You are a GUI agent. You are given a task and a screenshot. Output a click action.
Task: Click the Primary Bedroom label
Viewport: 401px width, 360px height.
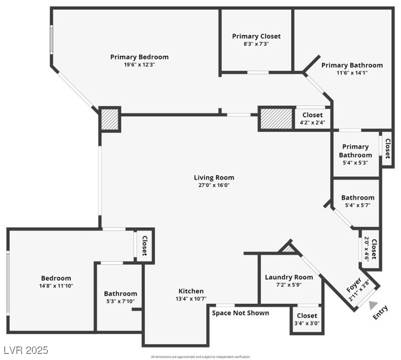click(139, 57)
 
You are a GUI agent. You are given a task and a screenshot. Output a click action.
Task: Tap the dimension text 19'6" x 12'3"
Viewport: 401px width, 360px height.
click(139, 65)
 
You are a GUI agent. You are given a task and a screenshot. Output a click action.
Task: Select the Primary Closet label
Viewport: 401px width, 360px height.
click(256, 36)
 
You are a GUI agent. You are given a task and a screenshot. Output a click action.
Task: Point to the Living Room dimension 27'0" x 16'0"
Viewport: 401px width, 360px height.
click(214, 185)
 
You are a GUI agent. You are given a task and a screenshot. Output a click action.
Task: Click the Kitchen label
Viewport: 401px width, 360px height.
click(191, 291)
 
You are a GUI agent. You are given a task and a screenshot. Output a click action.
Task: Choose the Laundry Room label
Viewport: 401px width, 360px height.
click(288, 277)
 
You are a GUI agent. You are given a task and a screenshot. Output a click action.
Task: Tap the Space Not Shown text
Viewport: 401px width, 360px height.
click(241, 313)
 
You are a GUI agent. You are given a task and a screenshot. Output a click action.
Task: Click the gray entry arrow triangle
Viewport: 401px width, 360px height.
click(373, 305)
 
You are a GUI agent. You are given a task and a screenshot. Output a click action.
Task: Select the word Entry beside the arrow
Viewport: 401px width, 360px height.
click(380, 313)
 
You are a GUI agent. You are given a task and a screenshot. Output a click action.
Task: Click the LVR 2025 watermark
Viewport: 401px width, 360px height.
click(25, 350)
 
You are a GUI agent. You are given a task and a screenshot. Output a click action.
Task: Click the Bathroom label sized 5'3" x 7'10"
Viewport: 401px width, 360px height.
click(121, 293)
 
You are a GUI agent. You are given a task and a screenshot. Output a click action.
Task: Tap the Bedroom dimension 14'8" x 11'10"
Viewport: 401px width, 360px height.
click(56, 285)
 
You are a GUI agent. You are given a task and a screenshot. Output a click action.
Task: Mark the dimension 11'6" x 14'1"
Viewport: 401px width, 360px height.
click(352, 73)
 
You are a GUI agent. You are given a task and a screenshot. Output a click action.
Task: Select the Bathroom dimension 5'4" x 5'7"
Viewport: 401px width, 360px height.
click(357, 205)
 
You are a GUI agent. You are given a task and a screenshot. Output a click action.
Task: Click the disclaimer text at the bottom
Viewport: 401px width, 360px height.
click(200, 357)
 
